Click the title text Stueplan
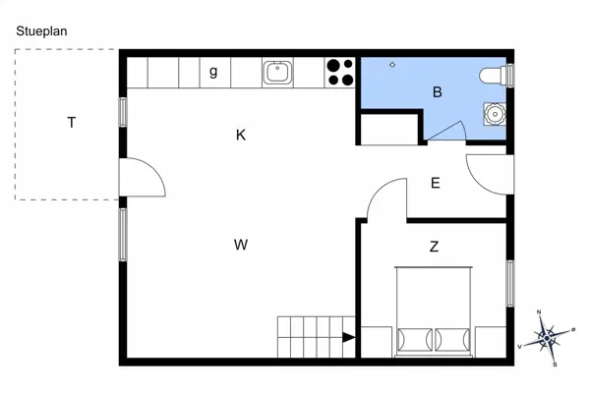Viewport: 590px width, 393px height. tap(41, 30)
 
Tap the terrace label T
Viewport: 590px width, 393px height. tap(72, 123)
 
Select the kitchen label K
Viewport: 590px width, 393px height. tap(241, 136)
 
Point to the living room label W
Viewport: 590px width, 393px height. tap(240, 245)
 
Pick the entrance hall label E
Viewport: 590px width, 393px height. tap(435, 182)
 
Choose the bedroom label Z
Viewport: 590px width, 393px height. tap(434, 247)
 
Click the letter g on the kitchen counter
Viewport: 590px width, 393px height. tap(213, 71)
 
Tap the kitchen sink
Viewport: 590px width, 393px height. tap(276, 71)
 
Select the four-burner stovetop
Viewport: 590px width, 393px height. tap(340, 72)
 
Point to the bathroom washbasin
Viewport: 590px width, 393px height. tap(494, 114)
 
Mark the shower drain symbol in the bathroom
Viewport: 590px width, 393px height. tap(392, 64)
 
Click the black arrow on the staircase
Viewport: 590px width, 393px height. tap(348, 338)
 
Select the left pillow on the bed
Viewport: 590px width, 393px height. tap(415, 338)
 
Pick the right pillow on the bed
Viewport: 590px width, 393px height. tap(453, 338)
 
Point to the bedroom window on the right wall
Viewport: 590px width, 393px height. tap(510, 283)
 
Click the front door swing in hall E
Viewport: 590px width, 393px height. tap(487, 174)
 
